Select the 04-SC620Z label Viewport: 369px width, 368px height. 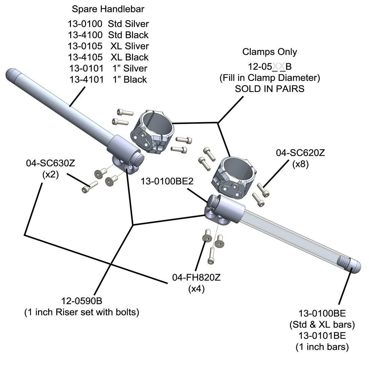click(x=300, y=153)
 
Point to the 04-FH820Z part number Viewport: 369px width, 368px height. click(x=196, y=278)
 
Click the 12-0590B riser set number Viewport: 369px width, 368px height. click(x=82, y=301)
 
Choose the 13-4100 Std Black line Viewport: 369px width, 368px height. click(x=108, y=35)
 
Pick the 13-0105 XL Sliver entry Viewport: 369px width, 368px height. click(x=108, y=46)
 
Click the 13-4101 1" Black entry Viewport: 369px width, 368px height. click(x=108, y=80)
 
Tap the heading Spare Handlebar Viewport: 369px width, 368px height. click(x=108, y=9)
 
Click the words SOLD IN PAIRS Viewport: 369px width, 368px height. click(x=270, y=89)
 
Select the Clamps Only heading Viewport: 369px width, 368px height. click(x=270, y=52)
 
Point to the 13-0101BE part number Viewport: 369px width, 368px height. click(x=322, y=335)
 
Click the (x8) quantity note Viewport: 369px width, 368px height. click(x=300, y=164)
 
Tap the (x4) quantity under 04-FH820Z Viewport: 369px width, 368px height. click(x=196, y=289)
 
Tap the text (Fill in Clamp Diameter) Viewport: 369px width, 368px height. click(x=270, y=78)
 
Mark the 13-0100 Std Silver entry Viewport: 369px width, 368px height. click(x=108, y=24)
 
